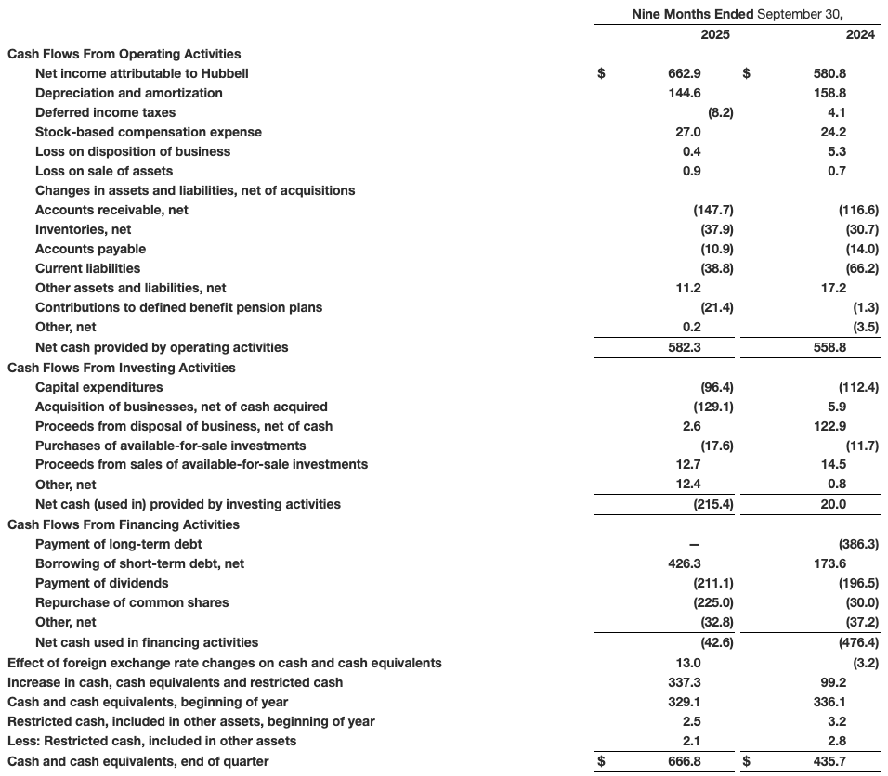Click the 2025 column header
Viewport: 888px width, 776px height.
[x=715, y=34]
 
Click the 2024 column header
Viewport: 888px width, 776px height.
[x=860, y=34]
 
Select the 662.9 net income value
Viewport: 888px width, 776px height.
[x=686, y=73]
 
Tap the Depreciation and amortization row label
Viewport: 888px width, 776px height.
[x=128, y=93]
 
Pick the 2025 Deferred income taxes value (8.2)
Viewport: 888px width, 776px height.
[x=720, y=112]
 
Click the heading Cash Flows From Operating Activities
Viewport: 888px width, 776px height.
[x=124, y=54]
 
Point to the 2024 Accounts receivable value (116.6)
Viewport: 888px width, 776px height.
[x=858, y=210]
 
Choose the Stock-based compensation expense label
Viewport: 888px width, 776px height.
[x=149, y=132]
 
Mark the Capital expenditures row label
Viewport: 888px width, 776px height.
[x=98, y=387]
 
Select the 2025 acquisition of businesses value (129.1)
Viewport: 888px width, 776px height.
[x=713, y=407]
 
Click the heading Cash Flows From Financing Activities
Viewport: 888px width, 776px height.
[x=123, y=524]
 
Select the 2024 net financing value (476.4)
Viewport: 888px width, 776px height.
[x=858, y=642]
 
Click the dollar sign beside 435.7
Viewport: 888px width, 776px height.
[x=746, y=761]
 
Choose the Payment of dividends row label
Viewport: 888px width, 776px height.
[x=102, y=583]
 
